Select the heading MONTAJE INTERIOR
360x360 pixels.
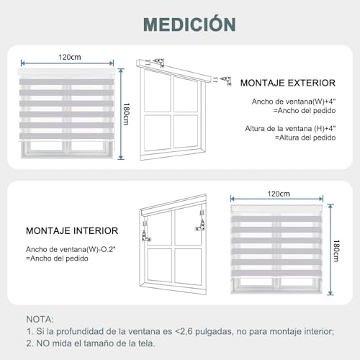72,231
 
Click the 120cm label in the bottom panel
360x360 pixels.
278,194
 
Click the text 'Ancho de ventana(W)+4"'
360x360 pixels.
294,102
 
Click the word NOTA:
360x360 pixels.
40,318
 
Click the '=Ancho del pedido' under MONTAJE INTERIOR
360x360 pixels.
58,258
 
